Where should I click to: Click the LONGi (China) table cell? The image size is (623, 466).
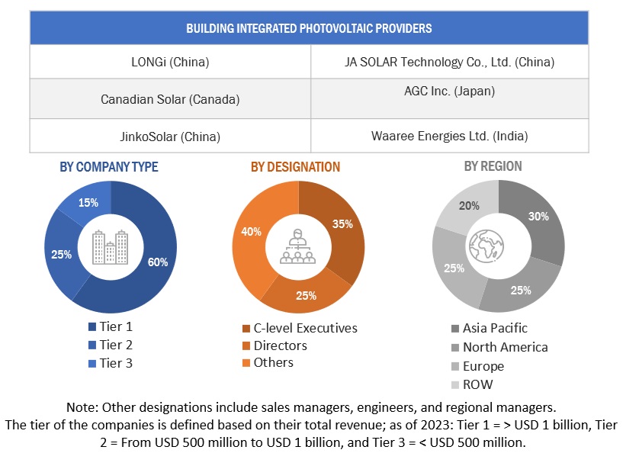coord(170,62)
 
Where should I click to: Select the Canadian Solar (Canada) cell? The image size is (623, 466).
coord(170,99)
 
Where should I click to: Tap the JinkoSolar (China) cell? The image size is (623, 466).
coord(170,137)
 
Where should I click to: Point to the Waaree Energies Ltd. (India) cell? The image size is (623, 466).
coord(449,137)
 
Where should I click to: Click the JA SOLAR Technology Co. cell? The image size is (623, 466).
coord(449,62)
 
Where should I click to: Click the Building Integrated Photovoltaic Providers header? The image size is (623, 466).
coord(309,29)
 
